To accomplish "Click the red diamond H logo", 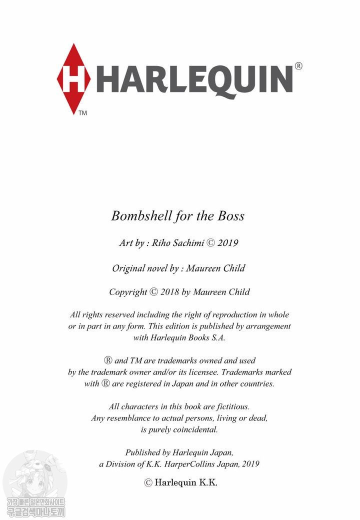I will [x=73, y=78].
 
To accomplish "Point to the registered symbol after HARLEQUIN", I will [x=298, y=65].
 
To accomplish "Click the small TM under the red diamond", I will [x=82, y=113].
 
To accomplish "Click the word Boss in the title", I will [x=230, y=215].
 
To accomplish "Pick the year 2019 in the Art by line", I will [x=227, y=243].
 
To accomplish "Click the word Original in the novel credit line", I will [x=128, y=268].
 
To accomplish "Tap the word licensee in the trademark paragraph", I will [x=200, y=372].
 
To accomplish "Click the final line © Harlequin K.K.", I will [x=180, y=482].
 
